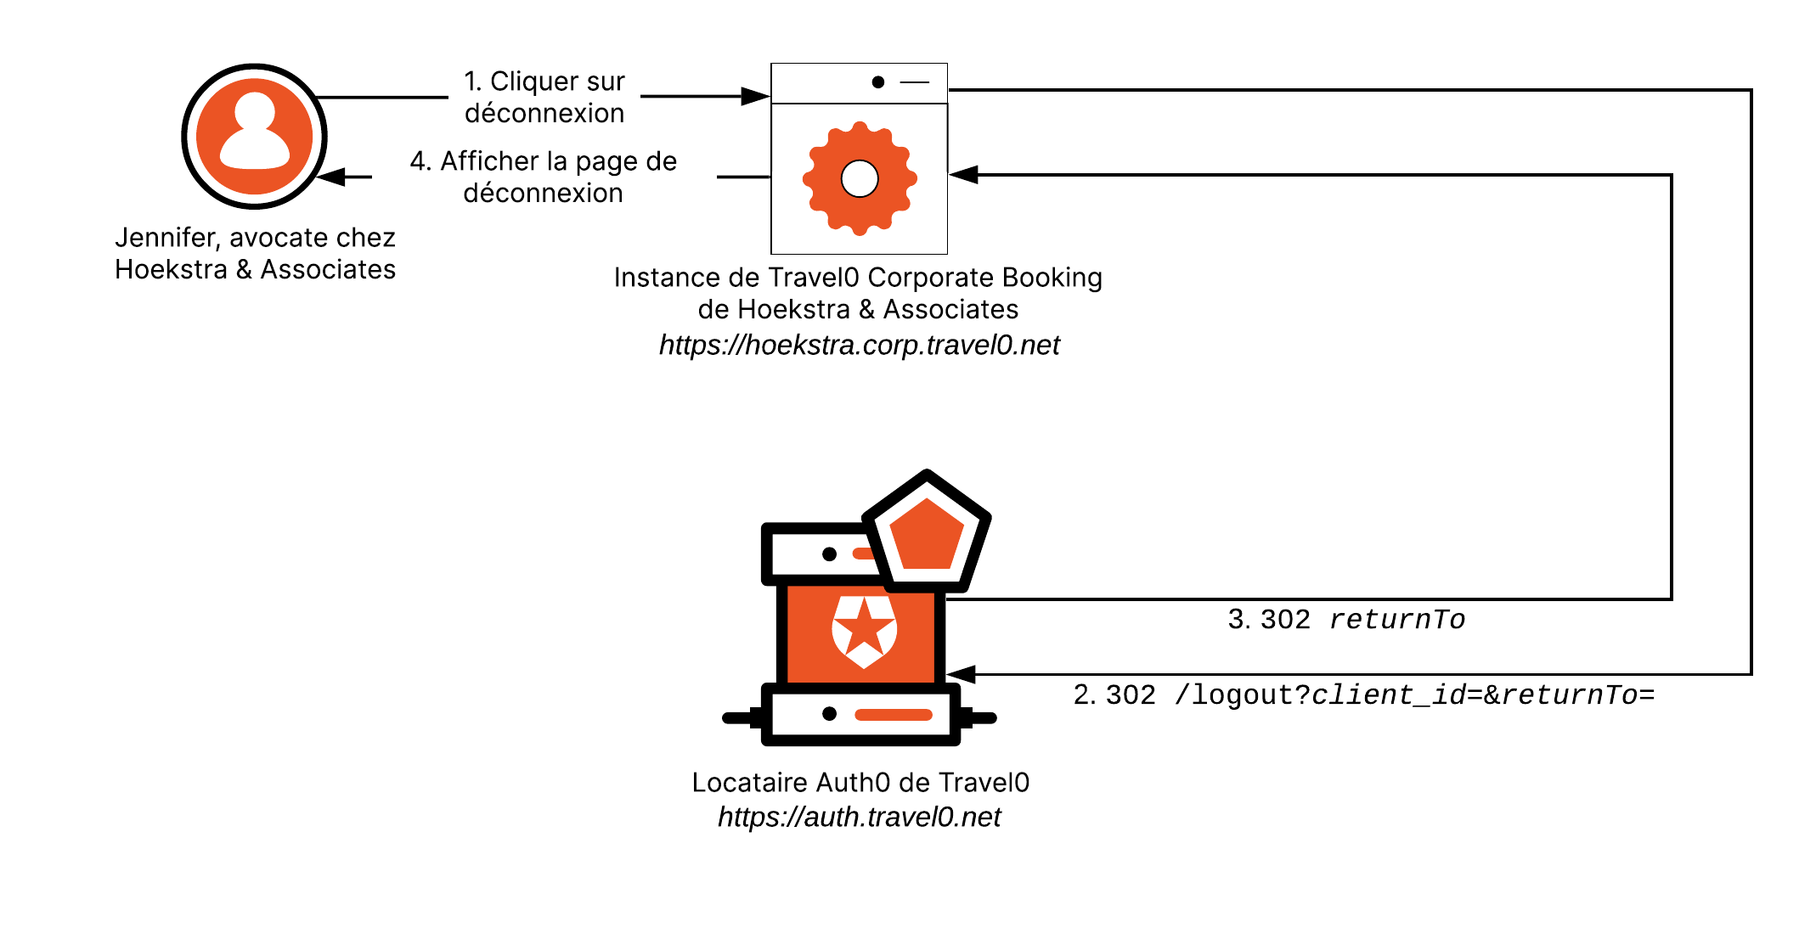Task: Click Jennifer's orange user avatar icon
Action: [x=254, y=137]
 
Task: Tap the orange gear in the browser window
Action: [x=859, y=178]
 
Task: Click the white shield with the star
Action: [x=864, y=631]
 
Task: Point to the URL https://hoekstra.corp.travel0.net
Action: [x=859, y=345]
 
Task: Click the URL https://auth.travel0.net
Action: [x=859, y=817]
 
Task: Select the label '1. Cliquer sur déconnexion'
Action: [x=544, y=97]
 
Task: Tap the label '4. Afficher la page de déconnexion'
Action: [x=544, y=177]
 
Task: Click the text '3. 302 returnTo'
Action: [x=1346, y=620]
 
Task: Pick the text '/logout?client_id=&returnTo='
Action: [x=1414, y=695]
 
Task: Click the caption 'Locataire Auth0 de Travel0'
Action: [x=860, y=782]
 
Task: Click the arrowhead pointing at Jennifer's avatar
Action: [x=332, y=177]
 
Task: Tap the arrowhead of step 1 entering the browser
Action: [x=754, y=96]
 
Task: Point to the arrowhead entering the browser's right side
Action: [x=963, y=175]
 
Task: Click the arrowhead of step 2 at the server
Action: [x=962, y=675]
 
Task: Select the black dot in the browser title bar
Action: [x=877, y=82]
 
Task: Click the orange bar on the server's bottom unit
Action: [x=893, y=714]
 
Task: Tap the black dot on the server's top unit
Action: [x=829, y=554]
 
